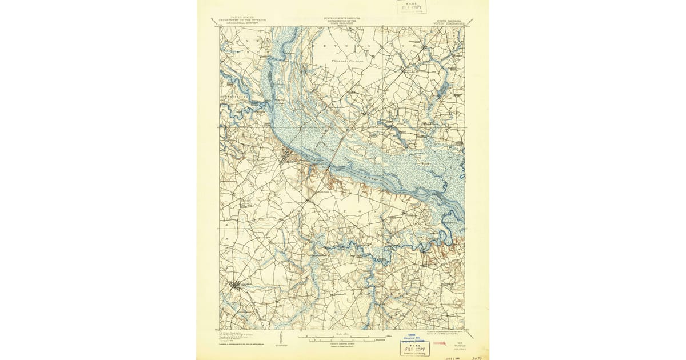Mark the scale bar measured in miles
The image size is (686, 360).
[342, 337]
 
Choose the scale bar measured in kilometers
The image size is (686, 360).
[342, 341]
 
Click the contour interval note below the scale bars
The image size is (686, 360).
[342, 345]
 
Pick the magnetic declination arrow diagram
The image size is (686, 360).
[280, 339]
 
